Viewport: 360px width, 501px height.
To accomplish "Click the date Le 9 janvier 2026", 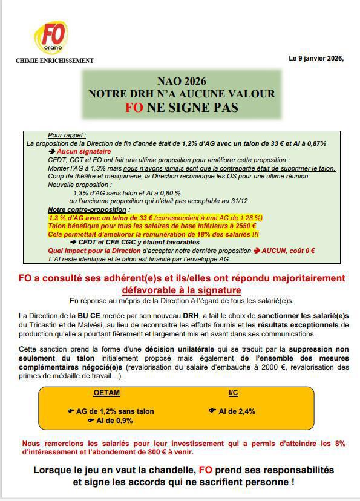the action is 316,58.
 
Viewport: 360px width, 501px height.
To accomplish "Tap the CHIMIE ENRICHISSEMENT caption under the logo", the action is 54,61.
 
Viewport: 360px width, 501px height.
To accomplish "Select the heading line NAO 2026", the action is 182,81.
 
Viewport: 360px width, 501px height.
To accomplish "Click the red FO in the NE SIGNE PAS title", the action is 134,107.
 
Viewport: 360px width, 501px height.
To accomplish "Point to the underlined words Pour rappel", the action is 67,136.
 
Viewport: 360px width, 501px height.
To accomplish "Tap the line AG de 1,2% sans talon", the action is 115,411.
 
